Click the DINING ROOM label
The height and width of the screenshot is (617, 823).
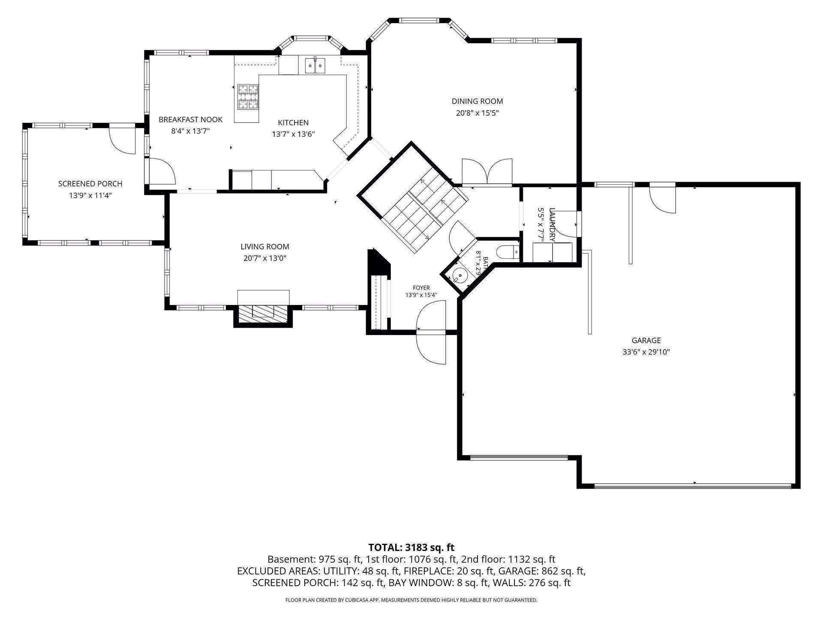477,102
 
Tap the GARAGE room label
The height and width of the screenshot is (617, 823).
646,341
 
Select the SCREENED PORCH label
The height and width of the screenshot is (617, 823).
90,184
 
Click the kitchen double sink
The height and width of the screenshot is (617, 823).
315,66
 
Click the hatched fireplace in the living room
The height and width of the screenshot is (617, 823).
263,314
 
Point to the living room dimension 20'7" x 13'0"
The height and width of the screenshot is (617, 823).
264,258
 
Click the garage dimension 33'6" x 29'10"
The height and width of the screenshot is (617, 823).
646,352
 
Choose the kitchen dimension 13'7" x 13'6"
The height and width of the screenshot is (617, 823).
293,134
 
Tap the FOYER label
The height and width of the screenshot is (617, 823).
421,288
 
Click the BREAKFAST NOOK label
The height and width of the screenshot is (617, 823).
190,120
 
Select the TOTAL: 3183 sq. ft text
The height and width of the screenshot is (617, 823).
411,548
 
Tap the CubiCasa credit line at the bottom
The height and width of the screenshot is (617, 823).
411,600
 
